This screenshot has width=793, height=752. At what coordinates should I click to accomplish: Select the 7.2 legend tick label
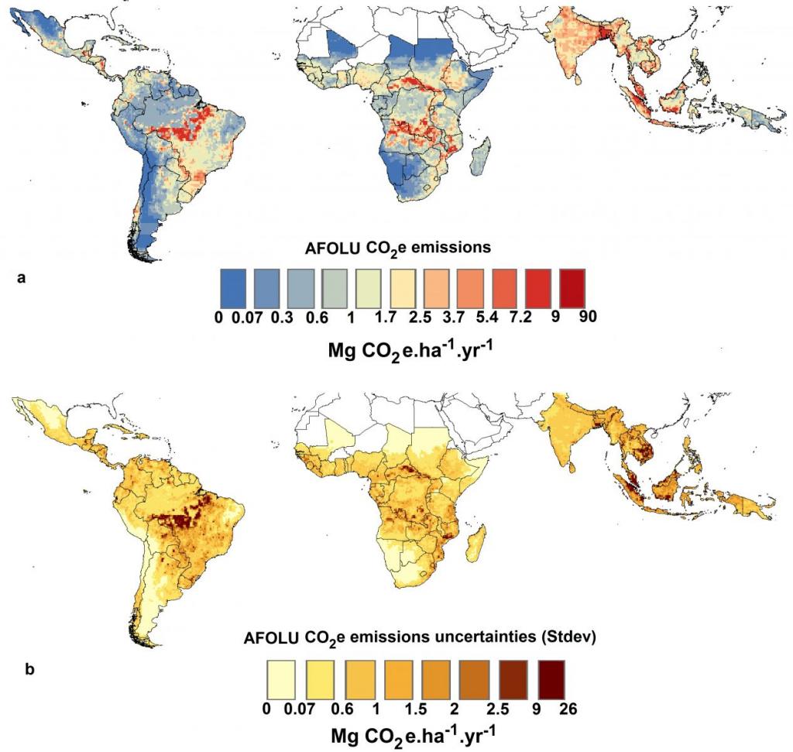click(x=534, y=316)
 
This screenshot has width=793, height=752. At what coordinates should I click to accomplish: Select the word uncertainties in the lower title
click(x=486, y=638)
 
